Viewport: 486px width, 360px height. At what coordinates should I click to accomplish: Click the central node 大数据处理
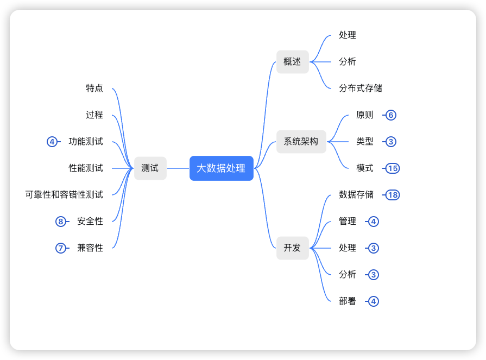pyautogui.click(x=221, y=168)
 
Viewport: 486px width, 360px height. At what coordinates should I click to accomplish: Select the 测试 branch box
pyautogui.click(x=150, y=168)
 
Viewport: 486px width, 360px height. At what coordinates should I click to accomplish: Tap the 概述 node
pyautogui.click(x=292, y=62)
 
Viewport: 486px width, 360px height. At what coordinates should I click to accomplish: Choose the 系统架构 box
pyautogui.click(x=301, y=142)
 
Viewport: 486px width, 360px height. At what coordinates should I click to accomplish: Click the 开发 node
pyautogui.click(x=292, y=248)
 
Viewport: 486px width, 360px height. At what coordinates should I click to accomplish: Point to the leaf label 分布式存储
pyautogui.click(x=361, y=88)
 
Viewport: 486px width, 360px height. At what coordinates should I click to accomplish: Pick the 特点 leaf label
pyautogui.click(x=94, y=88)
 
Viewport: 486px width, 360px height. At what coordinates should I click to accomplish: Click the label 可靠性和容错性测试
pyautogui.click(x=64, y=194)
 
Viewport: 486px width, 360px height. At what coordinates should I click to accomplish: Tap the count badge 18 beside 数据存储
pyautogui.click(x=393, y=195)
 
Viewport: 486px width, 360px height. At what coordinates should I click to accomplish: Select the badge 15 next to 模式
pyautogui.click(x=393, y=168)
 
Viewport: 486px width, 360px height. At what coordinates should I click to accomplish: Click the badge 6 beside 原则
pyautogui.click(x=390, y=115)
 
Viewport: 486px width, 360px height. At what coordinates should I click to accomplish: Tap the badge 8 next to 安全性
pyautogui.click(x=60, y=222)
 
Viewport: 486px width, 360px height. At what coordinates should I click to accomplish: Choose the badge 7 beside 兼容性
pyautogui.click(x=60, y=248)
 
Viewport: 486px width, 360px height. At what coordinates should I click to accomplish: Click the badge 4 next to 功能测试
pyautogui.click(x=52, y=142)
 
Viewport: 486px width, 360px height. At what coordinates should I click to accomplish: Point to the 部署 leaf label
pyautogui.click(x=348, y=301)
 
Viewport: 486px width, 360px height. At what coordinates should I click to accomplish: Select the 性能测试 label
pyautogui.click(x=86, y=168)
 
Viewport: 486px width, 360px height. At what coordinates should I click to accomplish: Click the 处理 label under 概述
pyautogui.click(x=348, y=35)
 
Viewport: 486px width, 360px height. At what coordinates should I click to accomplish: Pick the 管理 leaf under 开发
pyautogui.click(x=348, y=222)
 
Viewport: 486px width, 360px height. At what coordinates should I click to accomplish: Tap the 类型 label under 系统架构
pyautogui.click(x=365, y=142)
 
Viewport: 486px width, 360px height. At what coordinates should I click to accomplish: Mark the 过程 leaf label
pyautogui.click(x=94, y=115)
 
